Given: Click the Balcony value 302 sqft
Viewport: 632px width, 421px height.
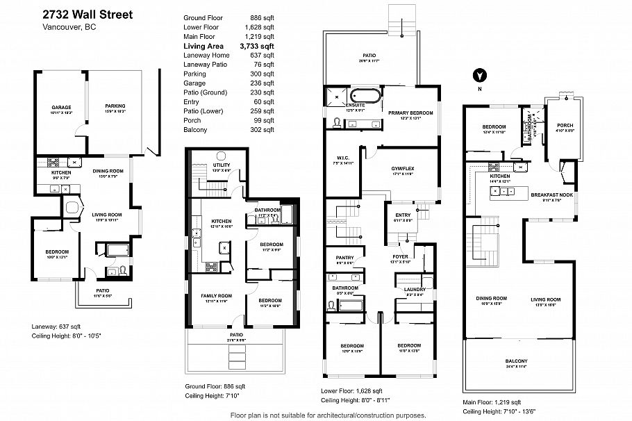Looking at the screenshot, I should [x=263, y=129].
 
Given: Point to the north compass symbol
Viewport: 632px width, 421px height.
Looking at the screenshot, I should [x=479, y=76].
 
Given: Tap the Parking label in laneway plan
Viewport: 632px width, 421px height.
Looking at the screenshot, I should [x=115, y=108].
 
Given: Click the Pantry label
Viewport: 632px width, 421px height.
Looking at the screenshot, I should [x=344, y=258].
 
